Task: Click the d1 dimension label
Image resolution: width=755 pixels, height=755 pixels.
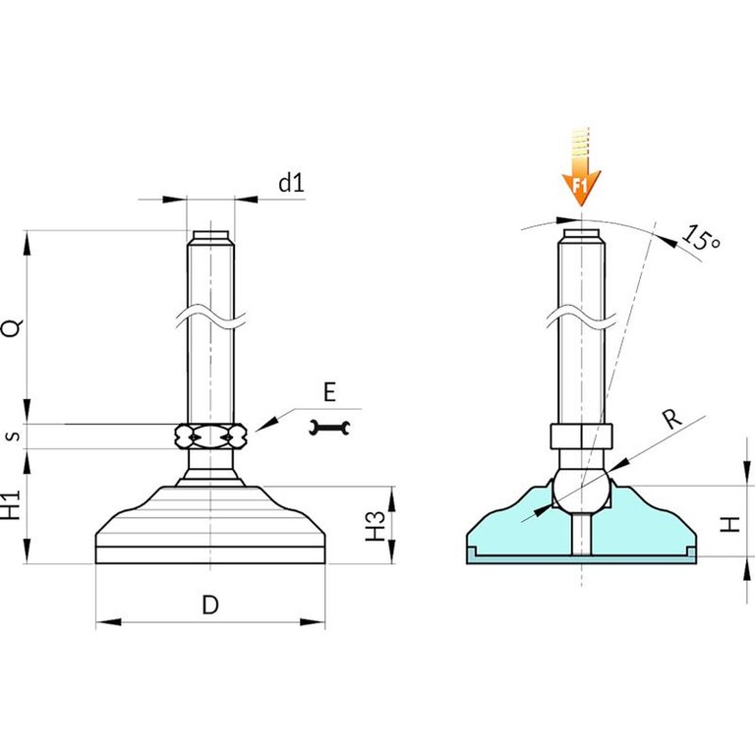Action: (x=292, y=183)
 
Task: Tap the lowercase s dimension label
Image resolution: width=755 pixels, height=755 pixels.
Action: (x=15, y=436)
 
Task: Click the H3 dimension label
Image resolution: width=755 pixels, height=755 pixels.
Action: (x=376, y=525)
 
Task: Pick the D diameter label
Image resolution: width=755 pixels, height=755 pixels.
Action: (x=210, y=605)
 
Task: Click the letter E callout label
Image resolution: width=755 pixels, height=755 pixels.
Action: (x=329, y=392)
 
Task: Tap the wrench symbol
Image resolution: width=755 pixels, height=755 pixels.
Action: (x=329, y=428)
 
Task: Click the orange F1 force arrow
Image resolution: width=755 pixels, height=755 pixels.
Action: (x=581, y=167)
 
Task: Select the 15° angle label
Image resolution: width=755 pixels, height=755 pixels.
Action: (x=701, y=237)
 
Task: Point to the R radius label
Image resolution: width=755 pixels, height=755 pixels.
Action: (x=672, y=418)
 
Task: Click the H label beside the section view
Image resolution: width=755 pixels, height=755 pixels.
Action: (x=729, y=524)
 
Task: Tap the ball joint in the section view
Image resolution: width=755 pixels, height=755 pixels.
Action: (x=581, y=489)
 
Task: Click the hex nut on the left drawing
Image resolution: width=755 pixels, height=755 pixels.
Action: (x=211, y=436)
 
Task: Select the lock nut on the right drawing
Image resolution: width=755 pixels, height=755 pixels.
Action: (x=581, y=436)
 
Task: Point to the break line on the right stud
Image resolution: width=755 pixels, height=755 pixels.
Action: (x=581, y=317)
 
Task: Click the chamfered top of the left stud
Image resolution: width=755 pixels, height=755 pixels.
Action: (x=211, y=238)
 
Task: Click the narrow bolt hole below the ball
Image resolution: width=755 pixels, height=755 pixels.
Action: (x=581, y=534)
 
